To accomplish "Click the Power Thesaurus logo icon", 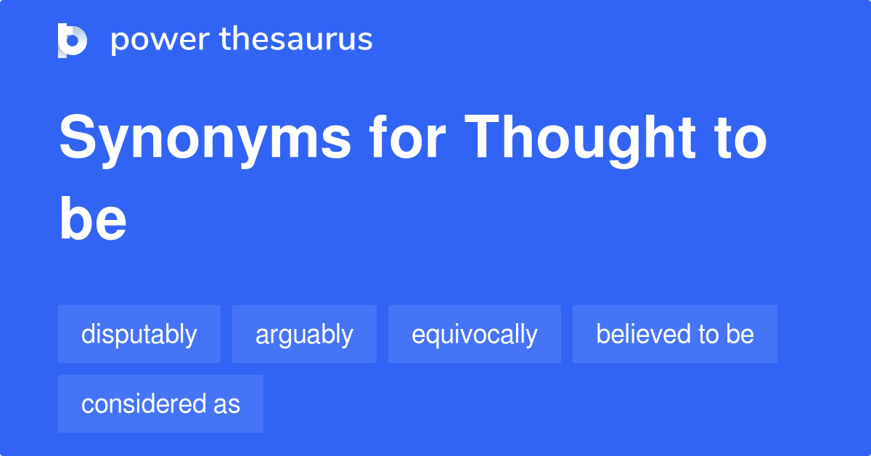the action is click(73, 41).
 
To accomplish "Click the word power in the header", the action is click(160, 41).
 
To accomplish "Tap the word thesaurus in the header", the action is click(296, 38).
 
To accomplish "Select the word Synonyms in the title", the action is click(205, 141).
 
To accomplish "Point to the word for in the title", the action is click(407, 137).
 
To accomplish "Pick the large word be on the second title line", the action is click(93, 219).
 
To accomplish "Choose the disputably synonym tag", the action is click(139, 334).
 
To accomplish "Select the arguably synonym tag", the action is click(304, 334).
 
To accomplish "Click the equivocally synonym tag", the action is click(475, 334).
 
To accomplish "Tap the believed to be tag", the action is click(675, 334).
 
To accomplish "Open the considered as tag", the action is click(160, 404).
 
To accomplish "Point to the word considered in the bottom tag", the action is click(144, 404).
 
